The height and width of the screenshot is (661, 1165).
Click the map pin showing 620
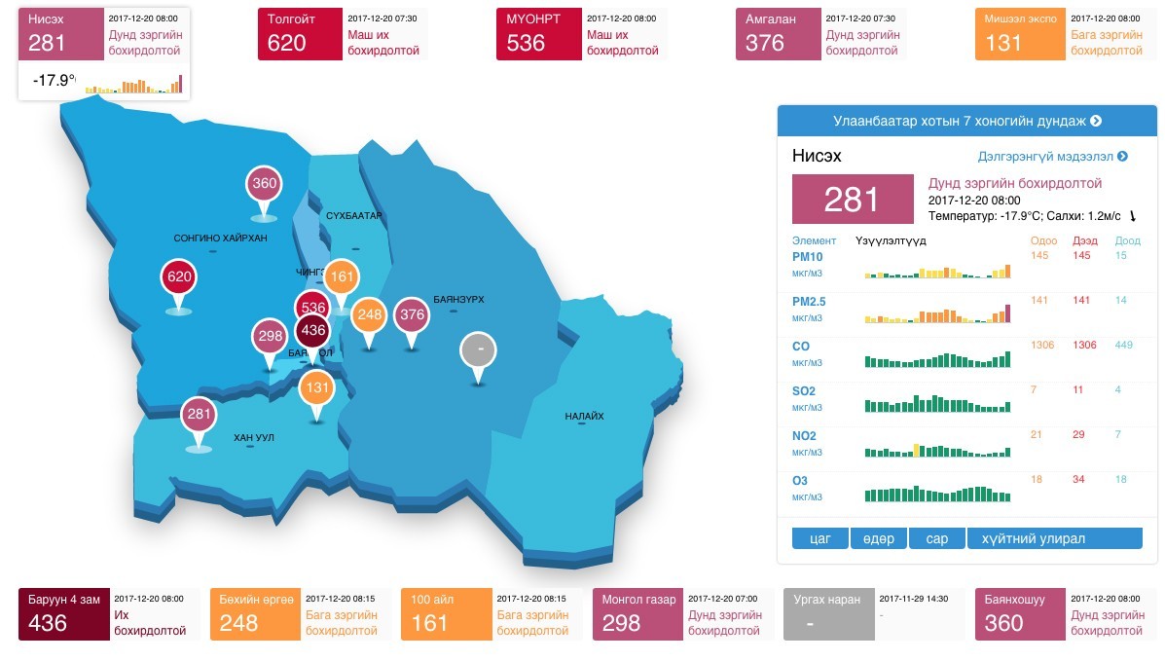coord(179,277)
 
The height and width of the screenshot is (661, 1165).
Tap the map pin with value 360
coord(265,184)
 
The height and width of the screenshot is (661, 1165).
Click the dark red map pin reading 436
coord(313,331)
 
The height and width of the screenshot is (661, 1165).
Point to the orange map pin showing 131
coord(315,387)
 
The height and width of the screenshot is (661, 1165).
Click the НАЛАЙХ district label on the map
coord(584,417)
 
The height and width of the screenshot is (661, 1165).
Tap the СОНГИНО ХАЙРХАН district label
coord(220,238)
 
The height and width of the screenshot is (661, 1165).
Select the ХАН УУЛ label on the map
coord(253,438)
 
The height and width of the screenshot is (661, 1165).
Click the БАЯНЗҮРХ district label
coord(458,300)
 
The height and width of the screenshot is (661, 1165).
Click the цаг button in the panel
coord(820,538)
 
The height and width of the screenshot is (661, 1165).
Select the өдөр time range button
coord(878,538)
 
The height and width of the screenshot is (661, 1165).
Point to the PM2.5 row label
coord(809,302)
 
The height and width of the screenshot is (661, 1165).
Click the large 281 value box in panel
coord(853,200)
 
